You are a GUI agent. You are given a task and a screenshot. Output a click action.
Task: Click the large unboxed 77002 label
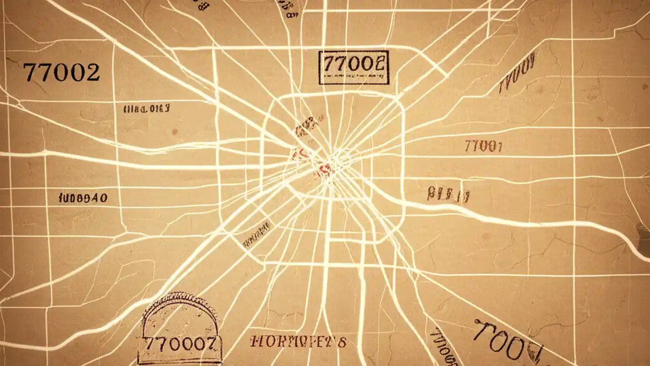coord(61,73)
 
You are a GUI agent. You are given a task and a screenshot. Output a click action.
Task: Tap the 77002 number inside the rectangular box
coord(353,63)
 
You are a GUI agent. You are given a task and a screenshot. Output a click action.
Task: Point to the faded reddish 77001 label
coord(483,147)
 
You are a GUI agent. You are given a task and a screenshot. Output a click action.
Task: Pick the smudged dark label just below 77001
coord(448,194)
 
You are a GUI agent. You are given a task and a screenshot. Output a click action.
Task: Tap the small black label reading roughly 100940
coord(83,197)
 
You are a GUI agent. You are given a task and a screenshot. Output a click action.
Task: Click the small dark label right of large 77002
coord(146,108)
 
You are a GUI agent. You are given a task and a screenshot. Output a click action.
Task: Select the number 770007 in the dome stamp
coord(181,344)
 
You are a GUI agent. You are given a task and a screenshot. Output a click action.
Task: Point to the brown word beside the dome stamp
coord(299,342)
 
